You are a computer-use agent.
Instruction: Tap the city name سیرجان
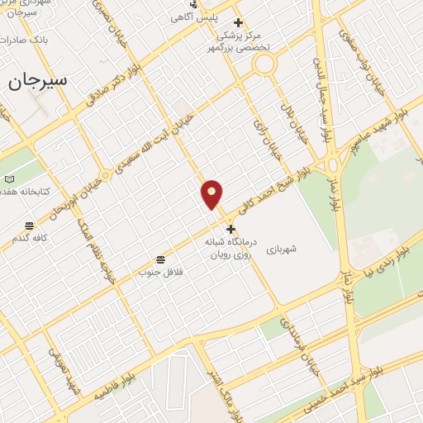pyautogui.click(x=38, y=81)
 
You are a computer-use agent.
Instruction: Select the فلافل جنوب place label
pyautogui.click(x=159, y=271)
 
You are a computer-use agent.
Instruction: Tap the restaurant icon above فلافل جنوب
pyautogui.click(x=160, y=259)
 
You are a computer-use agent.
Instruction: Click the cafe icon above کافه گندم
pyautogui.click(x=30, y=226)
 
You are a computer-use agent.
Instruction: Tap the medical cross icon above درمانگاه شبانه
pyautogui.click(x=231, y=229)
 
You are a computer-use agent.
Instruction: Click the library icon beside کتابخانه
pyautogui.click(x=9, y=179)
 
